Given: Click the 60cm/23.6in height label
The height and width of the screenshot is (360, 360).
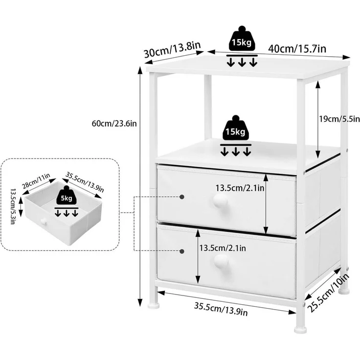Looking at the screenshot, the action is [x=114, y=124].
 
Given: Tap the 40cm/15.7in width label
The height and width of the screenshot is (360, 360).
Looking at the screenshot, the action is [x=297, y=49].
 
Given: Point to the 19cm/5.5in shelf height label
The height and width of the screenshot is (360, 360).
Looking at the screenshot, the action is [x=339, y=119].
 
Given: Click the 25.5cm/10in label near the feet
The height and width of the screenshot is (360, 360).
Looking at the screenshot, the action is [x=329, y=292].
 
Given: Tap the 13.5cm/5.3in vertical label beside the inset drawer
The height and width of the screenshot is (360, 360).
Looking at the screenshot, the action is [x=13, y=206].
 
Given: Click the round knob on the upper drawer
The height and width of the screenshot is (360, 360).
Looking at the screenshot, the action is [x=220, y=201].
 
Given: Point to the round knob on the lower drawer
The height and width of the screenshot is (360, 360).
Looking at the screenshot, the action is [x=221, y=261].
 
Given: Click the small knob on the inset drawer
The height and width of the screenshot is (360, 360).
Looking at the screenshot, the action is [x=44, y=222].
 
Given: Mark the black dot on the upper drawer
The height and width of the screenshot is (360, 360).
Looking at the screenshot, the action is [x=182, y=197].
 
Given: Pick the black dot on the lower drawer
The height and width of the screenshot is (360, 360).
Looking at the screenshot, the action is [x=182, y=251].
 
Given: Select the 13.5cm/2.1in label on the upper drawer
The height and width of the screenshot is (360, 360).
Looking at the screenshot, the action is [x=240, y=188].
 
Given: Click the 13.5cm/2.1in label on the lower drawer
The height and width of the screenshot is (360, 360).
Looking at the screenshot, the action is [x=222, y=248].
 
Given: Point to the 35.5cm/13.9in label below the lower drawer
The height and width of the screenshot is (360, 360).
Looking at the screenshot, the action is [x=221, y=309].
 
